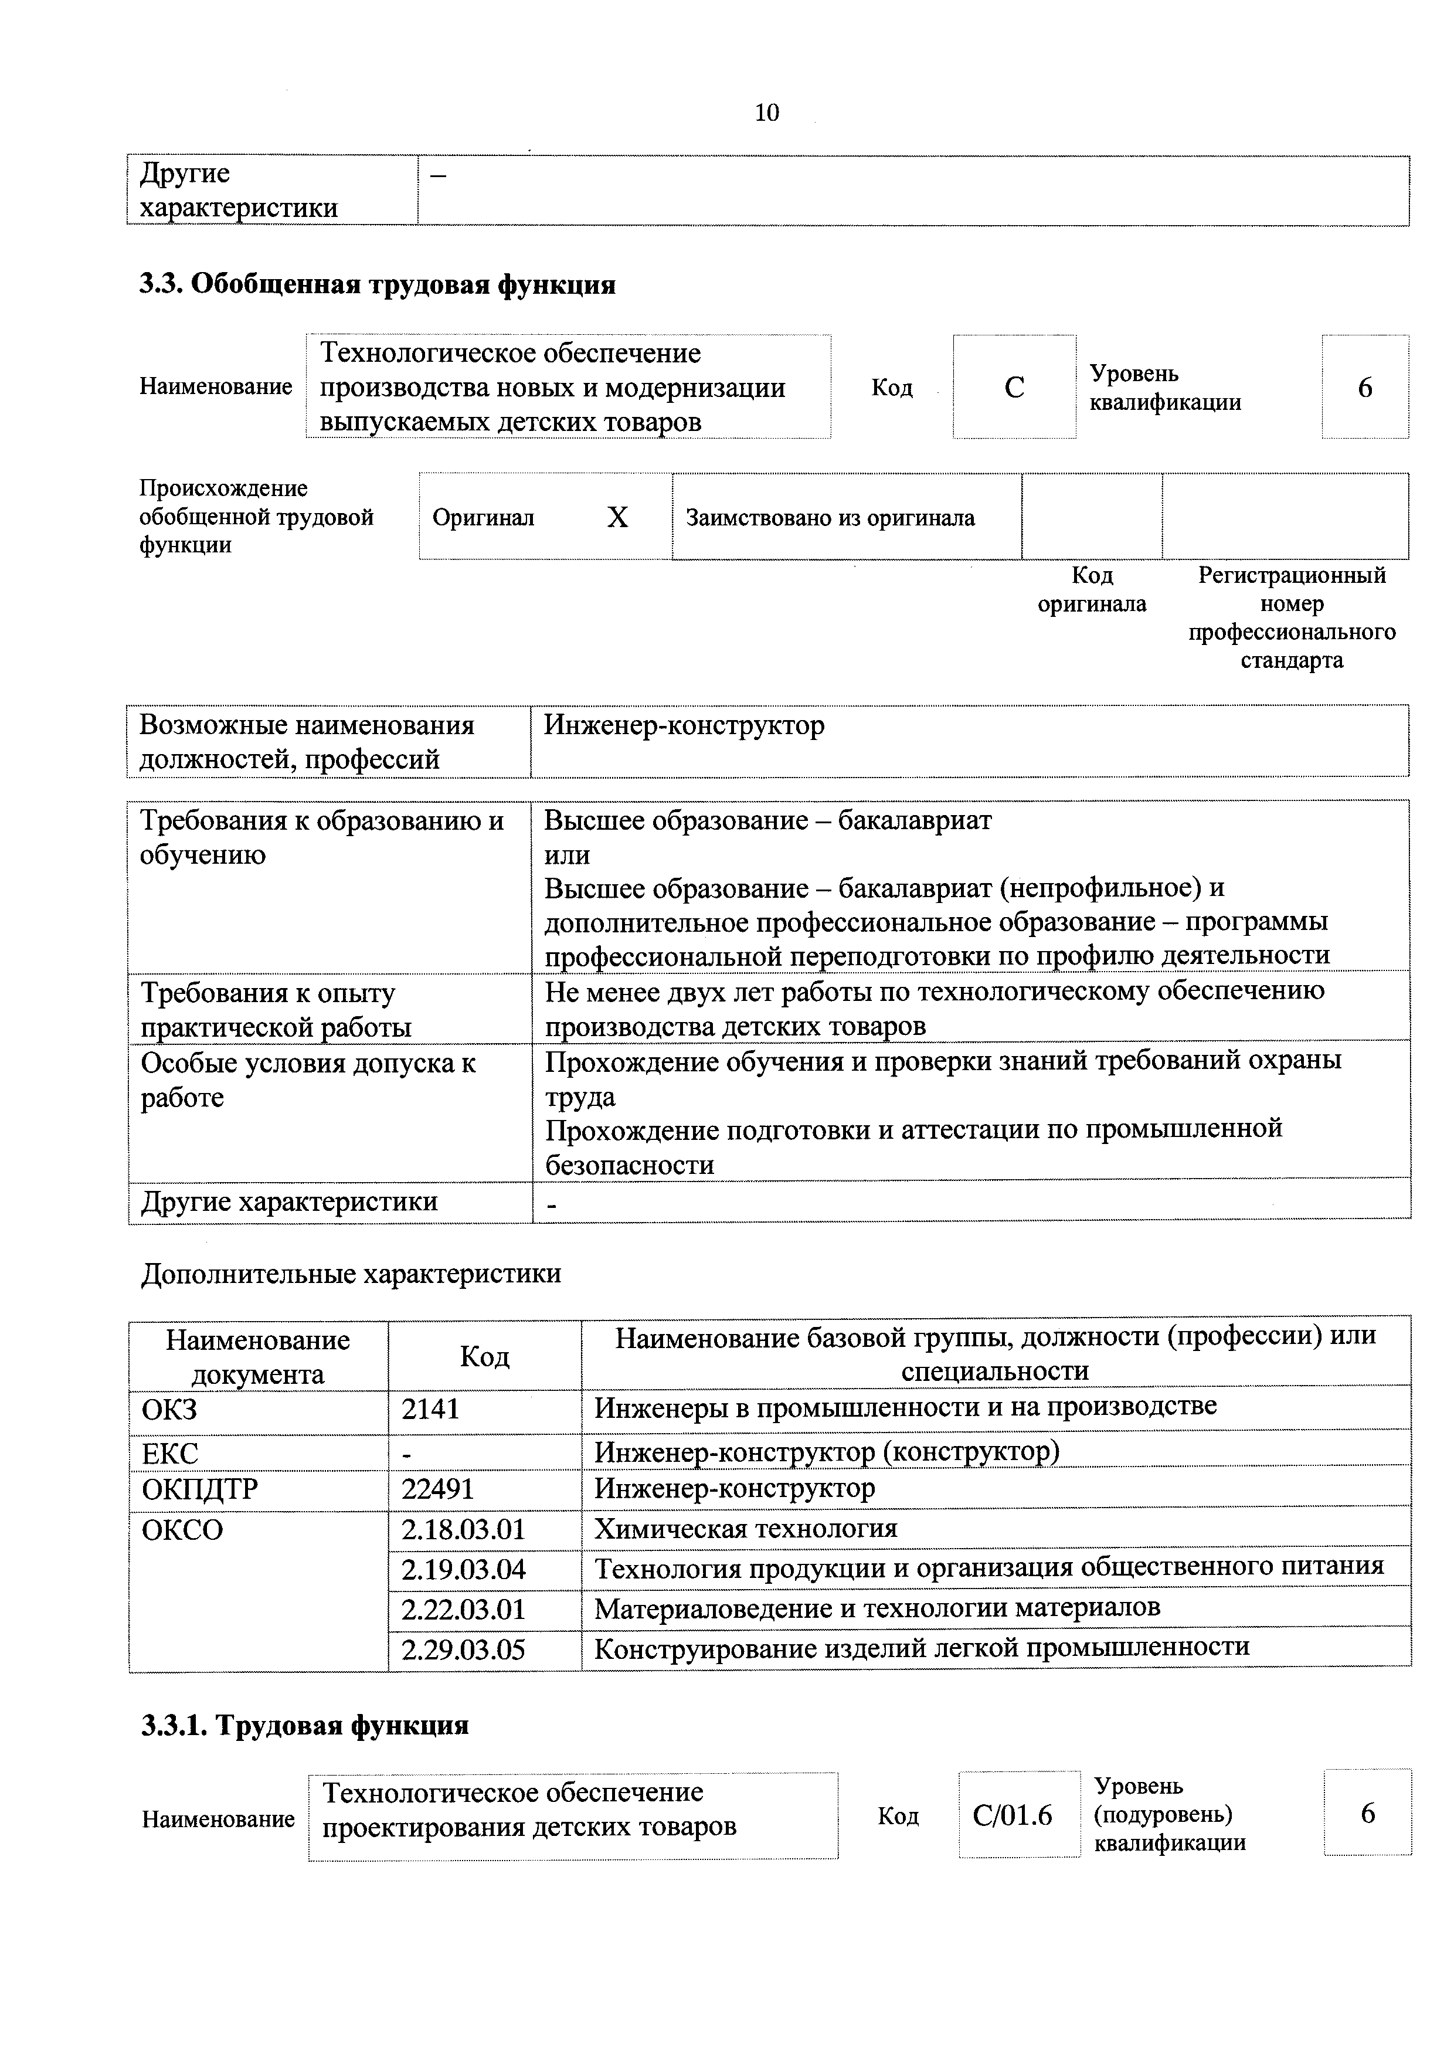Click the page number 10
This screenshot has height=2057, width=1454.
(767, 113)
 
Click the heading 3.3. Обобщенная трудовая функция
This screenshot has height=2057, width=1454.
(377, 285)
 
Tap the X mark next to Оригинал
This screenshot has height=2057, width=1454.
(617, 518)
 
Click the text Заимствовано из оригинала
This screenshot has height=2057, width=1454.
(830, 518)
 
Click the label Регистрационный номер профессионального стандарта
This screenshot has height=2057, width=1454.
(1291, 617)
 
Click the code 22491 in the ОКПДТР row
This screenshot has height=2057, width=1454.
(437, 1489)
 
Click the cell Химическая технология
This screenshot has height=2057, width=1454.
(745, 1529)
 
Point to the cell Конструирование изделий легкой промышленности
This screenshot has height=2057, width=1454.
(921, 1648)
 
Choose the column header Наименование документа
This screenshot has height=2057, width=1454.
(258, 1356)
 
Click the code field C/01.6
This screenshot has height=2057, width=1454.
(1013, 1816)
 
